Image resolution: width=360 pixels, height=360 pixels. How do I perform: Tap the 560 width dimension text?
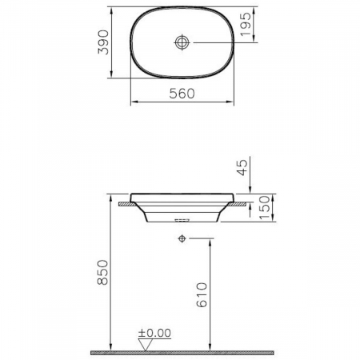183,94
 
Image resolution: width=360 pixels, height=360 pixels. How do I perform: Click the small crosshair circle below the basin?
183,238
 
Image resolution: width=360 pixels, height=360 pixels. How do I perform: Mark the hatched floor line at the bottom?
183,352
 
